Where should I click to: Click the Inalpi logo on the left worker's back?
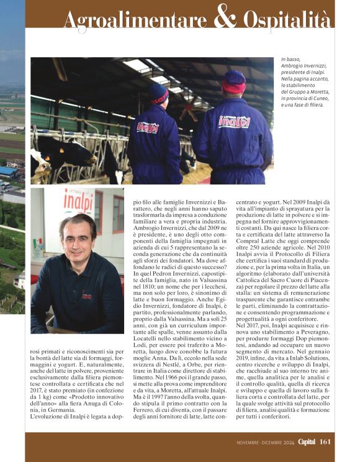tap(148, 127)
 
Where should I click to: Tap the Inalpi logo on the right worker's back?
tap(235, 122)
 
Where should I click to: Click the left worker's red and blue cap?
tap(158, 93)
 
